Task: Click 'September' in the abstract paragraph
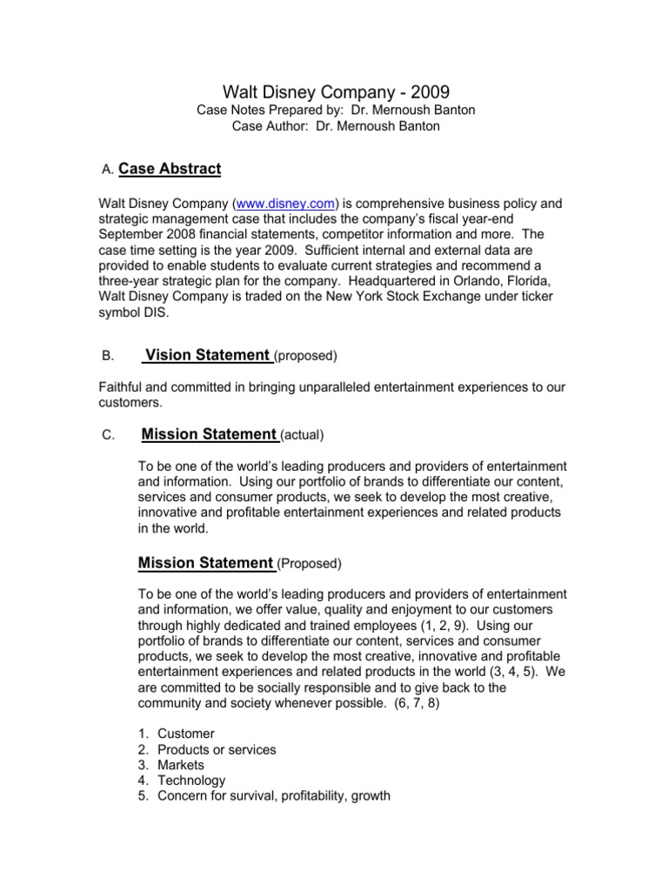pyautogui.click(x=130, y=235)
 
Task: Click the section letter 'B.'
pyautogui.click(x=108, y=356)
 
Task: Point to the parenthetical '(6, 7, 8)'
pyautogui.click(x=407, y=703)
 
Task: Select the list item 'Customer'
pyautogui.click(x=186, y=734)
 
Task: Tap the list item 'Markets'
pyautogui.click(x=181, y=766)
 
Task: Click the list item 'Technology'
pyautogui.click(x=191, y=780)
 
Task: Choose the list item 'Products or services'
pyautogui.click(x=217, y=750)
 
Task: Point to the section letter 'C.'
pyautogui.click(x=108, y=434)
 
